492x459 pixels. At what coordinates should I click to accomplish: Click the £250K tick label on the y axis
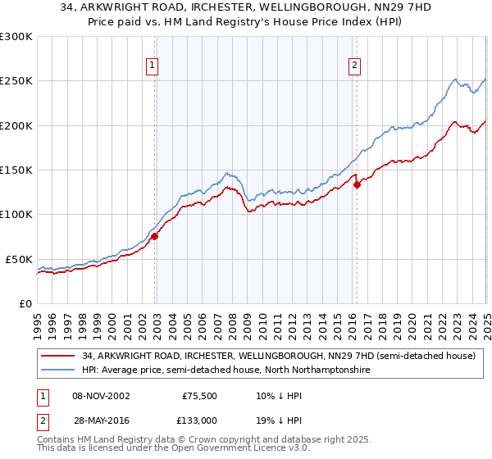16,81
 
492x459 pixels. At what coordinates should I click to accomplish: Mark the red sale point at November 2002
154,236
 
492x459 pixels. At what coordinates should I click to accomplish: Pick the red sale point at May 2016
357,185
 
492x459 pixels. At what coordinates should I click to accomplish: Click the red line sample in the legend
57,357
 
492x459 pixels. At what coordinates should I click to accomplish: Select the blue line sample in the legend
57,370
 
